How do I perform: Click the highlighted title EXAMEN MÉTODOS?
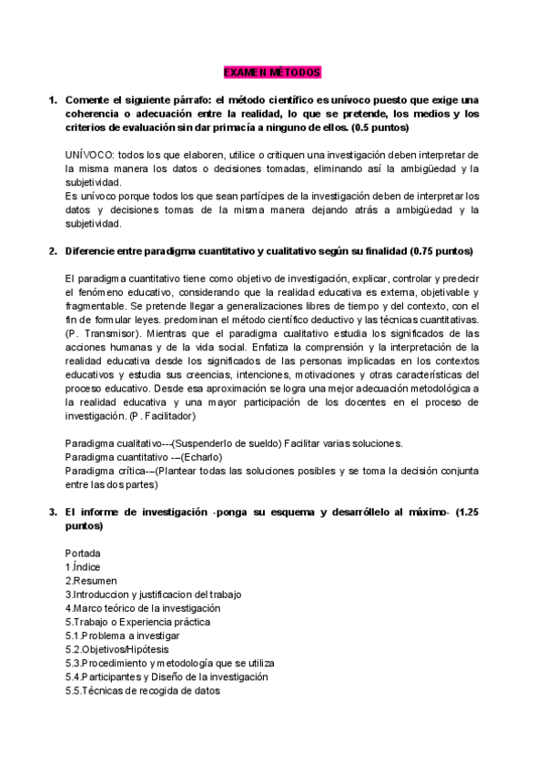(272, 72)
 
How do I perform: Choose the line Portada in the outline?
(83, 553)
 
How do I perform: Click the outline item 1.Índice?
(85, 566)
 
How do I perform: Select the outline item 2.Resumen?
(91, 580)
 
